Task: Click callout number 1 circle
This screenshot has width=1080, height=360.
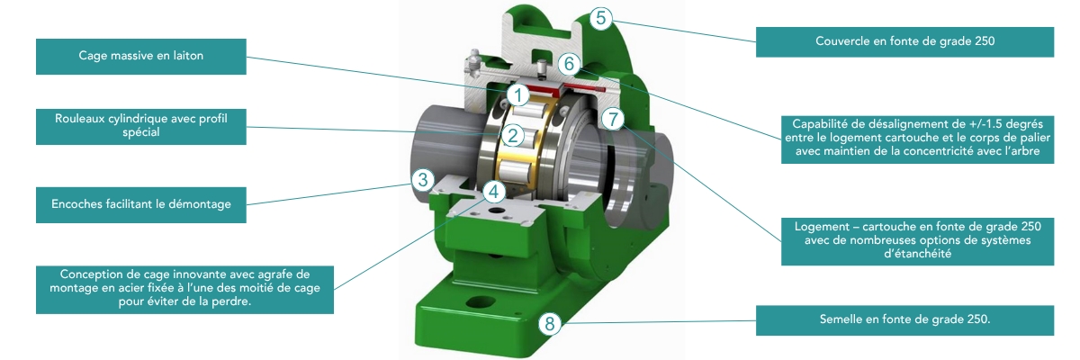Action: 518,94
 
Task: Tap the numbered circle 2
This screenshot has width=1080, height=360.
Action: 512,135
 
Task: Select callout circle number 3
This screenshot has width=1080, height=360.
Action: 423,180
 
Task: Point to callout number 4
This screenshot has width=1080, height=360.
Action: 494,192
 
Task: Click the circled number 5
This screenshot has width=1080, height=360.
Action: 601,18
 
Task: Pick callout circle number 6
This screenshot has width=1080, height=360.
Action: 569,64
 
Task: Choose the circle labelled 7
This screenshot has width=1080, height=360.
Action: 613,119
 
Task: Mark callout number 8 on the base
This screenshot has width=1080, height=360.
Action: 550,323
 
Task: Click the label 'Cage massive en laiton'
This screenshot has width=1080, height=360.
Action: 140,57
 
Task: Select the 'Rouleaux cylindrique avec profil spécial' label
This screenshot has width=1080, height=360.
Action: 140,126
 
